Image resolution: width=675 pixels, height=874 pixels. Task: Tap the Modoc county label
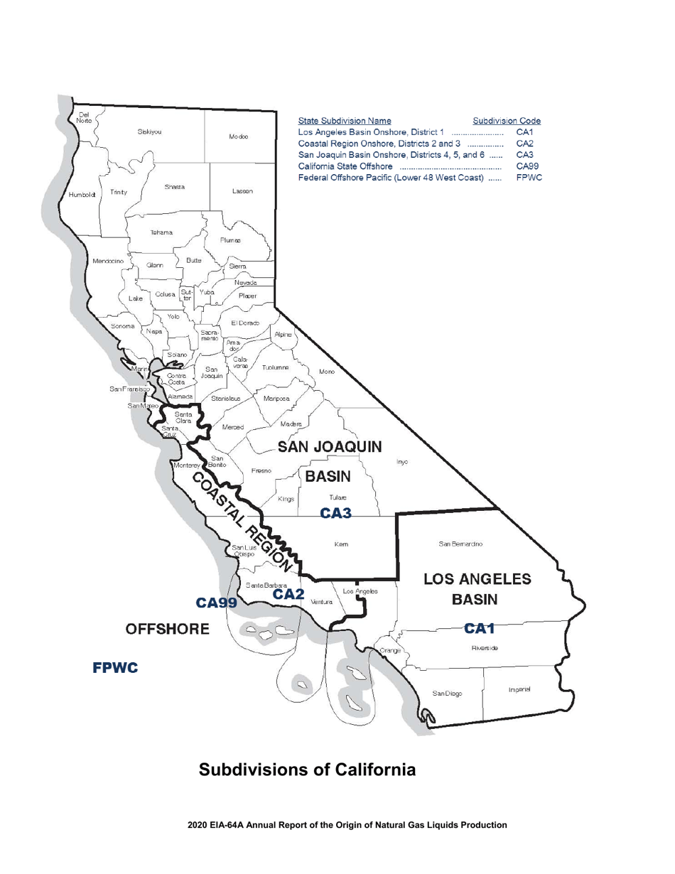[x=238, y=136]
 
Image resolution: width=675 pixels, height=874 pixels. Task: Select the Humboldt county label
[x=82, y=194]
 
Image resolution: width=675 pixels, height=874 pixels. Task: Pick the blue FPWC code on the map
[x=115, y=668]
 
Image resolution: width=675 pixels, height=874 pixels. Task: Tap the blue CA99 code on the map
[x=216, y=603]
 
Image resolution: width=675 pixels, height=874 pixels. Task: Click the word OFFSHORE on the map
[x=168, y=629]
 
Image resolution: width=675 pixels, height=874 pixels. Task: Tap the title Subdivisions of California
[x=306, y=770]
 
